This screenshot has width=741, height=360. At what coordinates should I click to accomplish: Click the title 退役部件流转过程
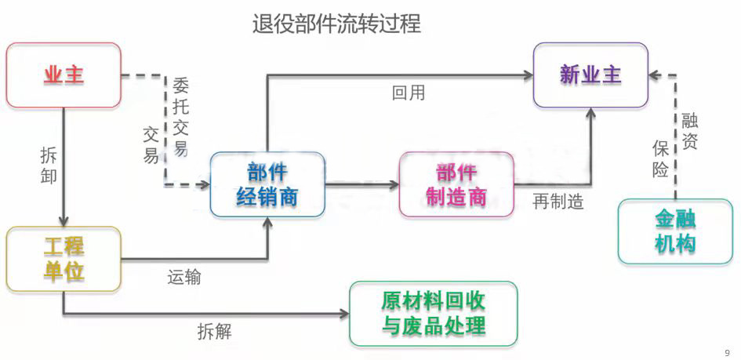click(x=336, y=24)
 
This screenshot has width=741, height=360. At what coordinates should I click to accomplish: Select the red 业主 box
click(x=64, y=75)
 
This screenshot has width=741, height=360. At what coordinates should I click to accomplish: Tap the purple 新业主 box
click(x=590, y=75)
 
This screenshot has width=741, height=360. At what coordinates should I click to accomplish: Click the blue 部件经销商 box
click(x=267, y=184)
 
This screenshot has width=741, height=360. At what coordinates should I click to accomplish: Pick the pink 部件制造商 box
click(x=456, y=184)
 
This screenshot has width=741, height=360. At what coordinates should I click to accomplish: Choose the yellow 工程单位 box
click(x=64, y=259)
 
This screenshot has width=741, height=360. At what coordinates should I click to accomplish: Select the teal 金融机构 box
click(x=675, y=232)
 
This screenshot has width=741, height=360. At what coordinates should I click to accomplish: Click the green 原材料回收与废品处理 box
click(x=434, y=314)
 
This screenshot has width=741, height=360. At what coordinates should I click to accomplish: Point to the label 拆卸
click(x=48, y=165)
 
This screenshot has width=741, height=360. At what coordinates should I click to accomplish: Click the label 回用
click(x=409, y=93)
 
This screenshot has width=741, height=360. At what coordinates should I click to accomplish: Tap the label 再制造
click(x=558, y=202)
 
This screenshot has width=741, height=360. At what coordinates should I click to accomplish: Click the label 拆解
click(x=214, y=331)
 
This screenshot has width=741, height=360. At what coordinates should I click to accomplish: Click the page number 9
click(x=727, y=352)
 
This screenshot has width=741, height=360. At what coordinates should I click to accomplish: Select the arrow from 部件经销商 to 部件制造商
click(x=361, y=185)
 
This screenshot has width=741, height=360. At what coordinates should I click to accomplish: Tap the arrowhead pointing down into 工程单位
click(x=64, y=220)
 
